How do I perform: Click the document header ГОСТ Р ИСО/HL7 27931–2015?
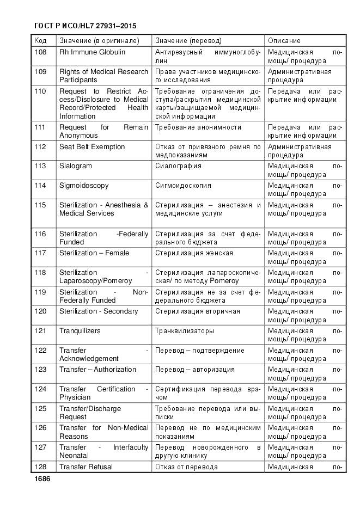point(84,26)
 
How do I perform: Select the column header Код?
point(40,41)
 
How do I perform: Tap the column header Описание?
point(284,41)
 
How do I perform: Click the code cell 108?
point(40,52)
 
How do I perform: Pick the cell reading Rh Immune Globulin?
point(92,52)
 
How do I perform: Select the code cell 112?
point(40,147)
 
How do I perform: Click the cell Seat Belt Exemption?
point(92,147)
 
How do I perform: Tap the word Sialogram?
point(76,166)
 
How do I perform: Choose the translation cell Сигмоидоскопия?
point(183,186)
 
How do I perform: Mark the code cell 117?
point(40,253)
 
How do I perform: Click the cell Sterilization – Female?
point(94,253)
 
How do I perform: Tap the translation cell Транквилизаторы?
point(185,331)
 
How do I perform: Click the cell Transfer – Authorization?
point(97,370)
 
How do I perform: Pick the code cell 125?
point(40,409)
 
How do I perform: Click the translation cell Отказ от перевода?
point(187,467)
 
